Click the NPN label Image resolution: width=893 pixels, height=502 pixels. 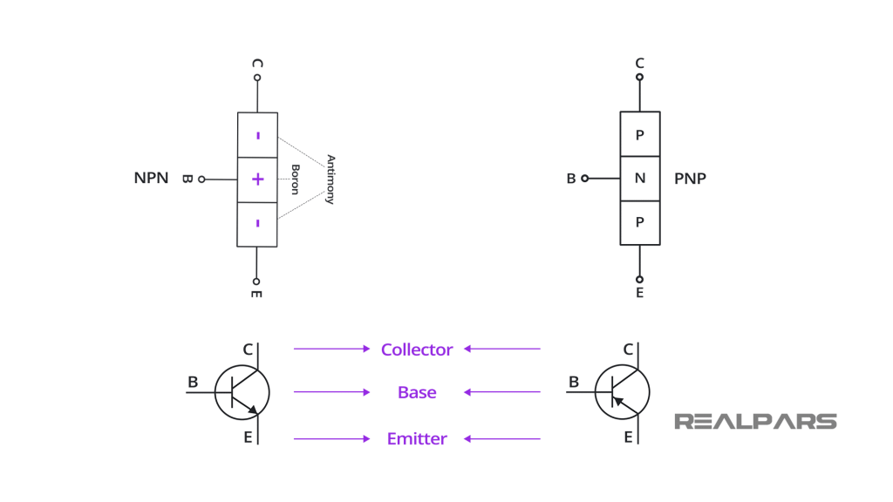coord(151,179)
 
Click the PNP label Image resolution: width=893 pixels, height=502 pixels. coord(690,179)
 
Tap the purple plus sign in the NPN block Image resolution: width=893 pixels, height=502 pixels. coord(257,180)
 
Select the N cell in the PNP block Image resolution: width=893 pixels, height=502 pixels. coord(639,179)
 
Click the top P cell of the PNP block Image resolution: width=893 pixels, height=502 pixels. coord(639,134)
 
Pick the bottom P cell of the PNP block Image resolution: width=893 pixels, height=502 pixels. coord(639,222)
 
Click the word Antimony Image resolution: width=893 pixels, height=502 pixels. coord(330,180)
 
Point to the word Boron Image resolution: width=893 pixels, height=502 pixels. coord(296,180)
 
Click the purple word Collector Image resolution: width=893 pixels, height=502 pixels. coord(417,349)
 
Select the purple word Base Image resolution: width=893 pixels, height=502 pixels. coord(417,393)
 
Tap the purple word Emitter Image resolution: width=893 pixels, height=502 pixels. coord(417,438)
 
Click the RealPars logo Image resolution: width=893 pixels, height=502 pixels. coord(755,422)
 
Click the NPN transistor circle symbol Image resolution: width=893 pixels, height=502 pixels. coord(242,393)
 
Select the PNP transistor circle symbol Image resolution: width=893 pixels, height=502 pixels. coord(622,393)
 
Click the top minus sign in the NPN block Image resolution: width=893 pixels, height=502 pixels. coord(257,135)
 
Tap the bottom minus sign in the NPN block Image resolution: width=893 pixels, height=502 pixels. coord(257,223)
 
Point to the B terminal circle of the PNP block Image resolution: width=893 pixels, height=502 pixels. coord(585,179)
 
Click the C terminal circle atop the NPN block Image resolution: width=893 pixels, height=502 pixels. coord(257,78)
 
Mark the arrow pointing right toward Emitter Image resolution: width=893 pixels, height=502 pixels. coord(331,438)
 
